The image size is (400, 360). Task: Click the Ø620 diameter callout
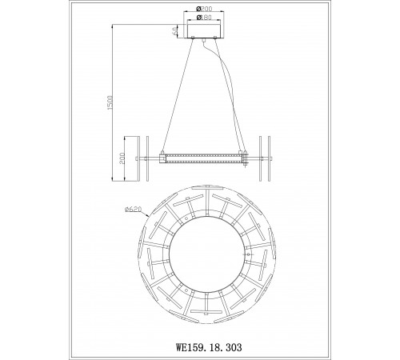[134, 210]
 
